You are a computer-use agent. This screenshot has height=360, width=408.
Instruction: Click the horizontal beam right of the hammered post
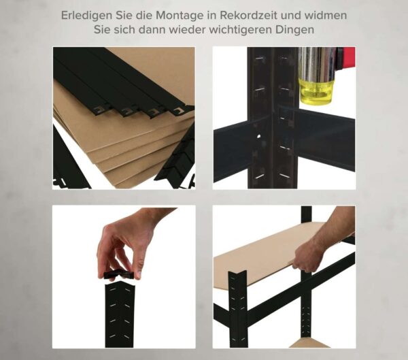click(x=323, y=140)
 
